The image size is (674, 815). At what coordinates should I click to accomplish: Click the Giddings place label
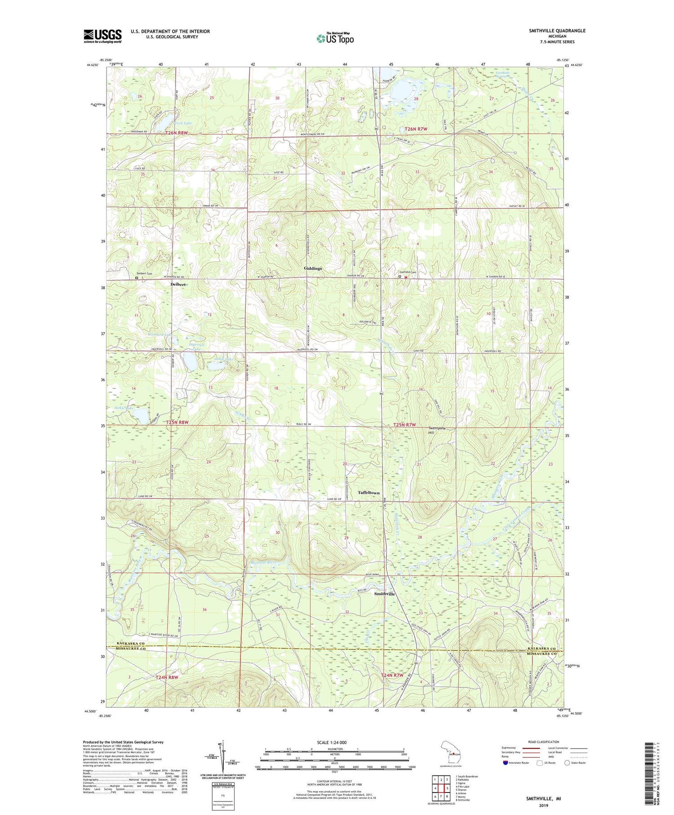point(313,268)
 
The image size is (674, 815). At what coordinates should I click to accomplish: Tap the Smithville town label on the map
point(385,594)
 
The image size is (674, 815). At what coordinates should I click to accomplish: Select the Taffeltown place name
point(368,493)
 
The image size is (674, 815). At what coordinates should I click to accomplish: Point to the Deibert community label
point(178,285)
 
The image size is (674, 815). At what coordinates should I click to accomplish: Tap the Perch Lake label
point(170,123)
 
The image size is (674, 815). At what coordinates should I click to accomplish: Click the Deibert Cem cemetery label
point(145,273)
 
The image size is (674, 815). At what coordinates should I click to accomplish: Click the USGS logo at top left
point(102,36)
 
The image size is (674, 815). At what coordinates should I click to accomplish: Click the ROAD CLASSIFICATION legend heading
point(544,742)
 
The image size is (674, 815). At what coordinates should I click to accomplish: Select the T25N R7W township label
point(404,425)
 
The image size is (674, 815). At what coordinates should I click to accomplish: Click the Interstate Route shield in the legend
point(506,763)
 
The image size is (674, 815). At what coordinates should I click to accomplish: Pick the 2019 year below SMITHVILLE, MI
point(544,806)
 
